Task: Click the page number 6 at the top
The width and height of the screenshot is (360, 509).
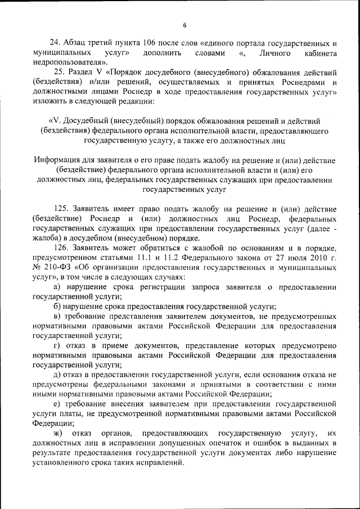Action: [184, 25]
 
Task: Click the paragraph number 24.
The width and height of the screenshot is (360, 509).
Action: [55, 43]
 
